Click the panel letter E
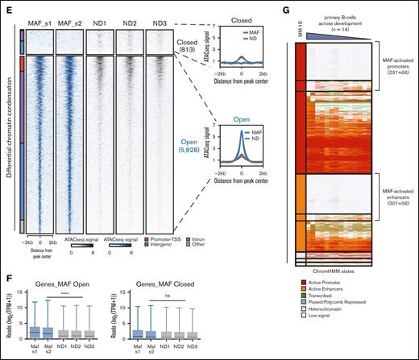tap(6, 6)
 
